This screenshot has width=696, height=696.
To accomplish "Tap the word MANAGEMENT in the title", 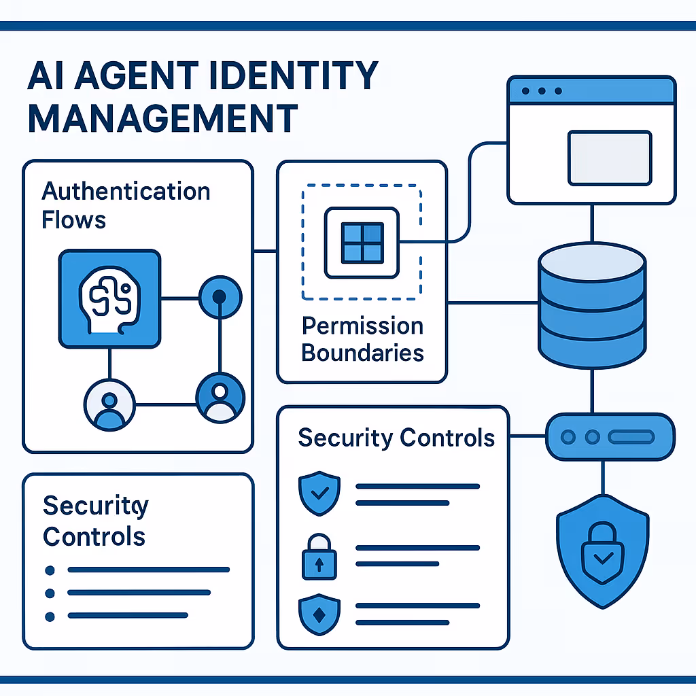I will pyautogui.click(x=162, y=118).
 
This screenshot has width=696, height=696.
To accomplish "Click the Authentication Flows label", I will pyautogui.click(x=126, y=205).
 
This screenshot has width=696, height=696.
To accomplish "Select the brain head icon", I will pyautogui.click(x=109, y=298).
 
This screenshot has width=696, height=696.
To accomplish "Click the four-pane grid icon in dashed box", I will pyautogui.click(x=362, y=243).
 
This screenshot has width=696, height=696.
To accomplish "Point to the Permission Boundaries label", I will pyautogui.click(x=363, y=339).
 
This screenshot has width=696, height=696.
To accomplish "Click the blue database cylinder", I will pyautogui.click(x=591, y=304).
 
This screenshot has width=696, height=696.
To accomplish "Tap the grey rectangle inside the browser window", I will pyautogui.click(x=610, y=158).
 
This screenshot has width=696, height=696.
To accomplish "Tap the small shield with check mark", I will pyautogui.click(x=318, y=493).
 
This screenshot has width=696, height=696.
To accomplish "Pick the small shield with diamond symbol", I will pyautogui.click(x=318, y=613).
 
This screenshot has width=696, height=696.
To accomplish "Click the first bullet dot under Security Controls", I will pyautogui.click(x=49, y=570).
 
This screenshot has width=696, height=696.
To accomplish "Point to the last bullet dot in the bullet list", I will pyautogui.click(x=49, y=616).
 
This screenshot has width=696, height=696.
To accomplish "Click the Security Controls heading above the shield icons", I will pyautogui.click(x=396, y=437).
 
